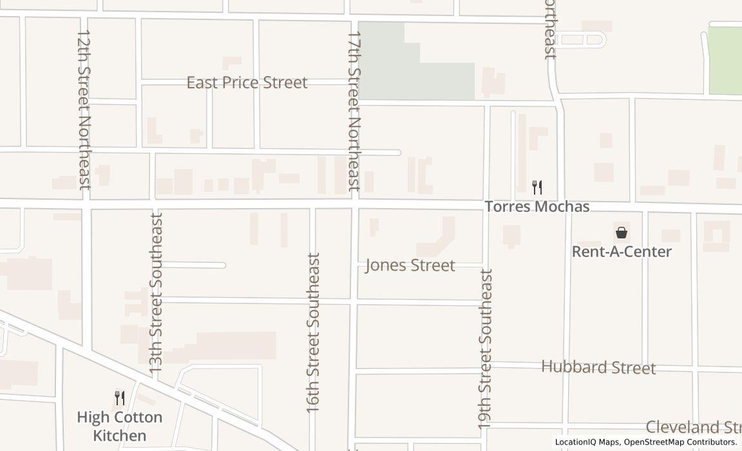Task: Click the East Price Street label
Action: coord(247,82)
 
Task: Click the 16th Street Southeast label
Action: coord(313,332)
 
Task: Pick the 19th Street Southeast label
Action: coord(486,349)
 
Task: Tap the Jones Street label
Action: coord(410,265)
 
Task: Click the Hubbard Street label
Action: coord(598,367)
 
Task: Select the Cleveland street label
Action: coord(693,427)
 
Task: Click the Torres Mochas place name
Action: coord(537,207)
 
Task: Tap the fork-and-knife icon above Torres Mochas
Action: coord(537,187)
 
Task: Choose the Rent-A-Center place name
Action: coord(622,252)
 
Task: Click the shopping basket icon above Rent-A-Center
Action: coord(622,233)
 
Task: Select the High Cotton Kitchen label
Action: coord(119,426)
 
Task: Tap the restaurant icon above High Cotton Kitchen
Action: coord(119,398)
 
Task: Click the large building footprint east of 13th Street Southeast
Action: coord(235,345)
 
